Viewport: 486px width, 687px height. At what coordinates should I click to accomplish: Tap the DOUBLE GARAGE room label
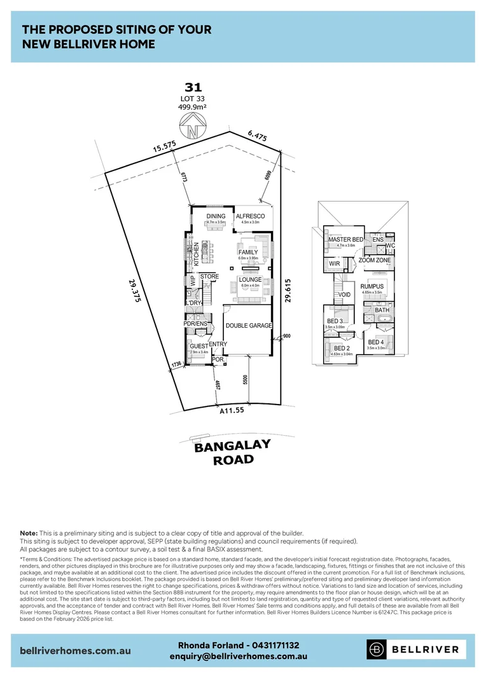pos(248,326)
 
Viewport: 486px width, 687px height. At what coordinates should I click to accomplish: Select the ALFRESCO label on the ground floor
pos(250,216)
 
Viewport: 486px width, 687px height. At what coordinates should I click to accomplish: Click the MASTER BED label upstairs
pos(345,239)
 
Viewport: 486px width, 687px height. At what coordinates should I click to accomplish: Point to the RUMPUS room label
pos(372,287)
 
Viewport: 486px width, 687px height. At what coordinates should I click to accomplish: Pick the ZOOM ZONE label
pos(375,261)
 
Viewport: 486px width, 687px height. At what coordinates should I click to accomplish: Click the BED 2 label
pos(342,349)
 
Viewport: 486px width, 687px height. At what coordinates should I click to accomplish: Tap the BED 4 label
pos(376,343)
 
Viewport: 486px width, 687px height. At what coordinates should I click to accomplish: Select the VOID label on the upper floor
pos(345,295)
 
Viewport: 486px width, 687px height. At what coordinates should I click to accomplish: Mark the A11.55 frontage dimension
pos(232,412)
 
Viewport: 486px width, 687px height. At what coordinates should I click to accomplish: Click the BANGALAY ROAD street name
pos(232,452)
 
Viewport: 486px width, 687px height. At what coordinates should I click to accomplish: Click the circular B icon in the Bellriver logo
pos(377,649)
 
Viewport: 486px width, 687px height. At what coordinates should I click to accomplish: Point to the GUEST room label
pos(199,346)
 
